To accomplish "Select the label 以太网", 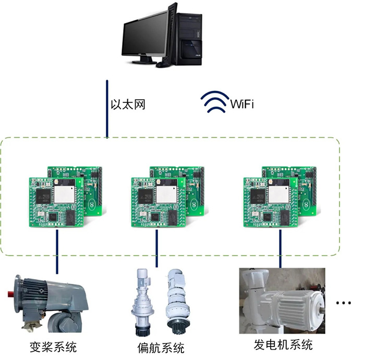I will point(127,103).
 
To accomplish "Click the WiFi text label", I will point(242,104).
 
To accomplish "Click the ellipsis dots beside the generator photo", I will point(344,303).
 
